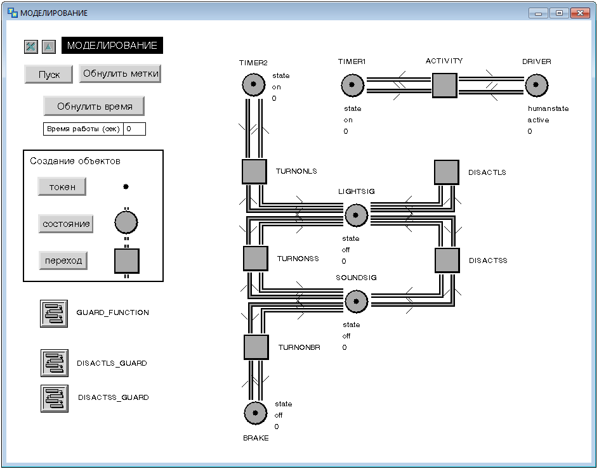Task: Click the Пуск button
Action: pos(48,74)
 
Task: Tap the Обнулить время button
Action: pos(94,106)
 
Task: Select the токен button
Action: pos(62,186)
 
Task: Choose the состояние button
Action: pos(66,224)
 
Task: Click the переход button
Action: pos(63,260)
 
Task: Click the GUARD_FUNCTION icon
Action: pos(54,314)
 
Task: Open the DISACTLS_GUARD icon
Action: pos(55,363)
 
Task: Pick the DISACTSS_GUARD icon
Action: pos(55,399)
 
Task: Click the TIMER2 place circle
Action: pos(254,85)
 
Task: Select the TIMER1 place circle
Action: pos(352,85)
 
